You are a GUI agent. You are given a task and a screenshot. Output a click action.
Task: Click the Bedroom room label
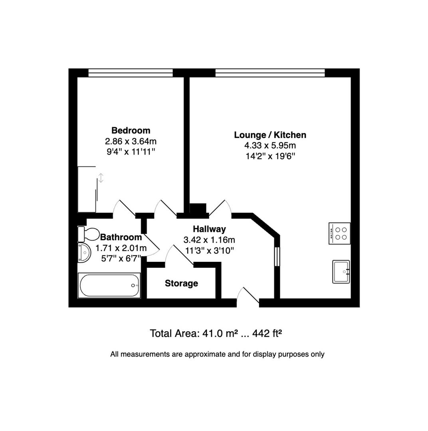point(131,130)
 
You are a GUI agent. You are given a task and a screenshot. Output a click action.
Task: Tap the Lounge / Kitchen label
point(270,135)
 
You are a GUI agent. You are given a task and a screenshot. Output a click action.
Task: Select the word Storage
point(181,283)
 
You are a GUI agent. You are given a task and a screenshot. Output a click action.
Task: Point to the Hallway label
point(209,229)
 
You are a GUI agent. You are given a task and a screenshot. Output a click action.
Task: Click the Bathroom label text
point(121,237)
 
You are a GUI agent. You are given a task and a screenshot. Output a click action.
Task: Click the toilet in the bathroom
point(88,234)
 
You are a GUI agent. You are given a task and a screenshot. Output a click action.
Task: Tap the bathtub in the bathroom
point(109,285)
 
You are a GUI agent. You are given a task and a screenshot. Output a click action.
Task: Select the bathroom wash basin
point(84,252)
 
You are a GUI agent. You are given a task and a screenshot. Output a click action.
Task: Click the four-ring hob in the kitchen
point(340,233)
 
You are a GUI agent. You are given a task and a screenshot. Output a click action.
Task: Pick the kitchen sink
point(341,272)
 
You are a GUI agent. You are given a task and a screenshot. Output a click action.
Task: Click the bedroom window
point(131,73)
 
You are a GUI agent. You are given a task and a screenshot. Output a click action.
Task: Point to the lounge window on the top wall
point(270,73)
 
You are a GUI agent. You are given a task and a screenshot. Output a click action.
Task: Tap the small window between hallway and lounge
point(277,257)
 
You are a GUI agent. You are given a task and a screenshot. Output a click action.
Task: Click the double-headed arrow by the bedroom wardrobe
point(101,178)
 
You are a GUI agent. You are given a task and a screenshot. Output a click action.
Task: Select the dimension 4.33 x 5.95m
point(270,145)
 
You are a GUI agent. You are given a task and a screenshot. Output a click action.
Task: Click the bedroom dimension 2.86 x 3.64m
point(131,141)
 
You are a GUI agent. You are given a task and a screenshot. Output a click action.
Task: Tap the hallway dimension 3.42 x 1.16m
point(209,240)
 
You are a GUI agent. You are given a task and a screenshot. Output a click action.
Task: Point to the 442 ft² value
point(267,333)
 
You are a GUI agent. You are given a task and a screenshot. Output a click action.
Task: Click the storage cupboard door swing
point(179,255)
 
